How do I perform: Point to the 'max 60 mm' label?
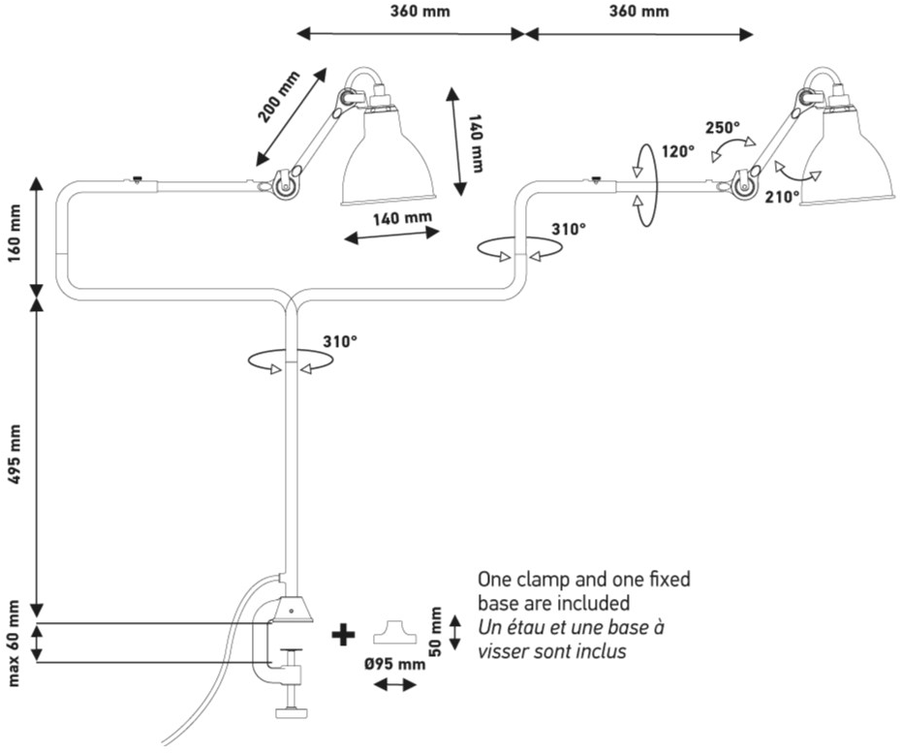pos(14,644)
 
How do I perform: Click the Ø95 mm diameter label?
pos(396,665)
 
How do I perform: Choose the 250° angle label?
pos(722,127)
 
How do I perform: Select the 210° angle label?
pos(783,195)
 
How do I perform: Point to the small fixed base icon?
pos(394,629)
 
